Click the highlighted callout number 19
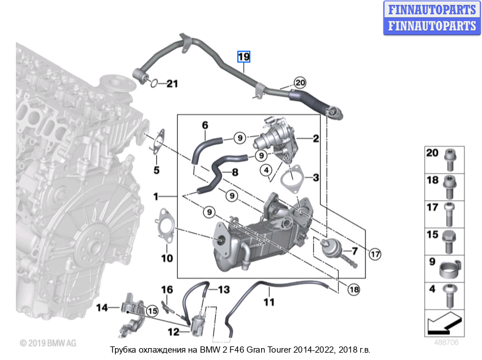(x=244, y=56)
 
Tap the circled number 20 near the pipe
(x=300, y=82)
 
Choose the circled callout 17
(x=375, y=255)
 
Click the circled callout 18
(x=353, y=289)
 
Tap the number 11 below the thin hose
(x=268, y=303)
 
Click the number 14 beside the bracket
(x=102, y=308)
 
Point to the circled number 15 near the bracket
(x=152, y=310)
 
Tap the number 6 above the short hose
(x=205, y=125)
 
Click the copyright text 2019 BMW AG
(x=48, y=343)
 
